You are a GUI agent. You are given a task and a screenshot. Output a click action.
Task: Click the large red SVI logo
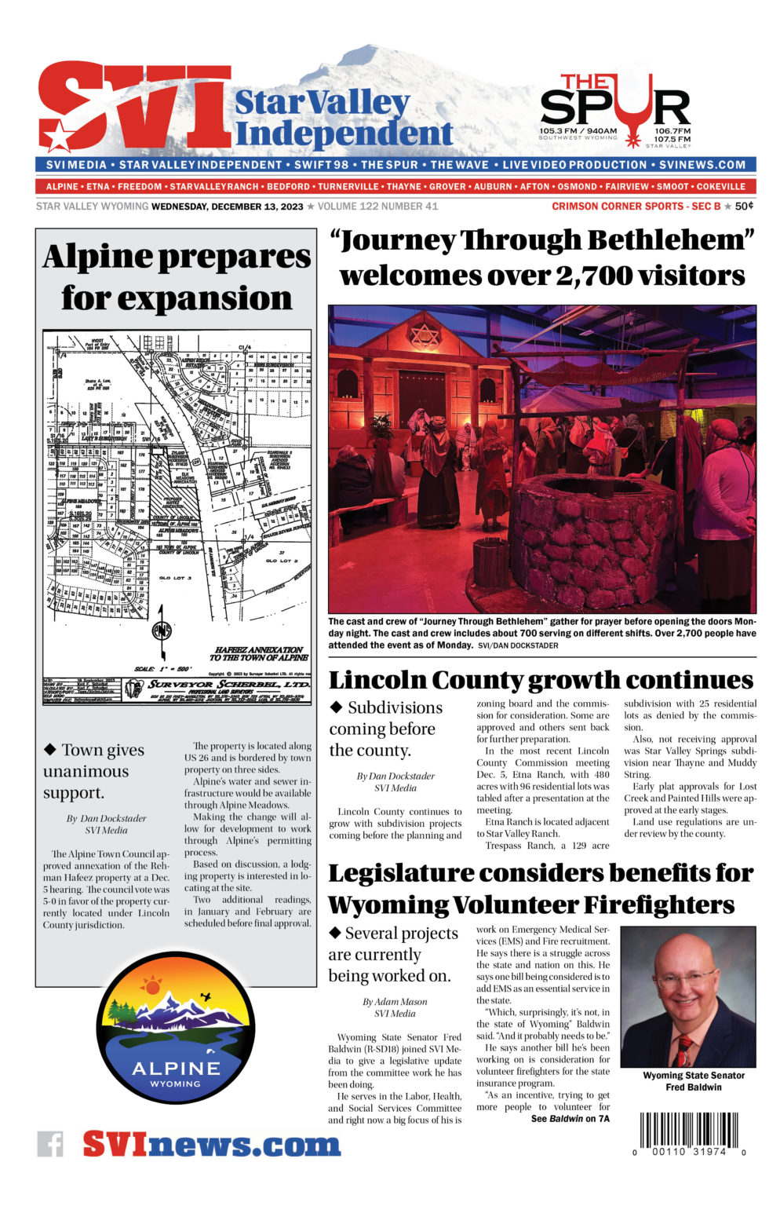pyautogui.click(x=133, y=107)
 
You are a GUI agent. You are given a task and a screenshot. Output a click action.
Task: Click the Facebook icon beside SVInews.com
pyautogui.click(x=50, y=1143)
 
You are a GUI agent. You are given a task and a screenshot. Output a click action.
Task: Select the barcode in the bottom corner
pyautogui.click(x=688, y=1131)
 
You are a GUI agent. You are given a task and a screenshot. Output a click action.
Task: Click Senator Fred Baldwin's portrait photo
pyautogui.click(x=687, y=996)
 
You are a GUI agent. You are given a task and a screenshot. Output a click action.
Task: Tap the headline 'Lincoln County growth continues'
pyautogui.click(x=541, y=679)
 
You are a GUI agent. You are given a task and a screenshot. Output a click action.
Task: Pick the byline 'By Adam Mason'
pyautogui.click(x=394, y=1002)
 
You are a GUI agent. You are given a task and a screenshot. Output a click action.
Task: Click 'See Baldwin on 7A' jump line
pyautogui.click(x=570, y=1119)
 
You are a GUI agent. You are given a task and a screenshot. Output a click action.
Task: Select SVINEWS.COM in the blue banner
pyautogui.click(x=702, y=165)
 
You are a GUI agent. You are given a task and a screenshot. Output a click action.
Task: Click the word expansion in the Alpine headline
pyautogui.click(x=177, y=298)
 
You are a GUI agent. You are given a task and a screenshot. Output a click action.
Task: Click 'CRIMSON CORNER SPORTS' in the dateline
pyautogui.click(x=617, y=206)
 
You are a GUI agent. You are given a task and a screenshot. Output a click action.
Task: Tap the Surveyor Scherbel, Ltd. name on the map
pyautogui.click(x=228, y=685)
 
